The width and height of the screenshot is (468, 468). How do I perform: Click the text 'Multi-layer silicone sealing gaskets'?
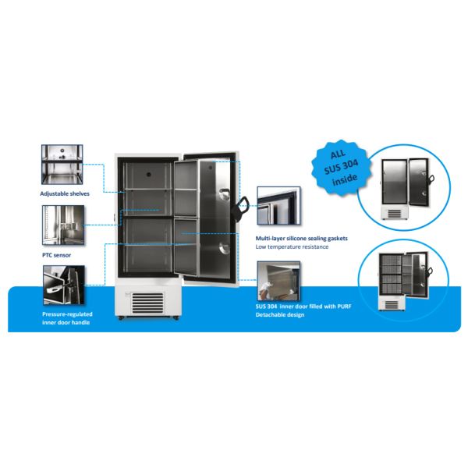click(301, 237)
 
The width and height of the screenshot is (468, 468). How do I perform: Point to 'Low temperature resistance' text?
click(292, 246)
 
